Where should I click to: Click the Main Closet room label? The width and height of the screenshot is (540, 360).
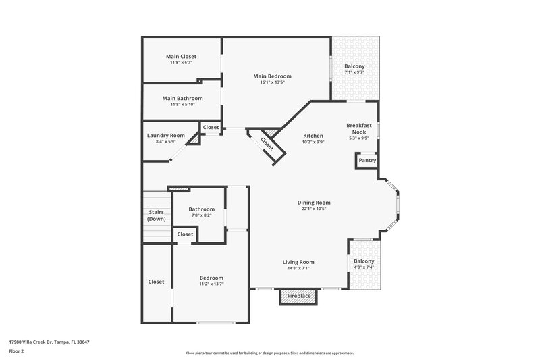181,56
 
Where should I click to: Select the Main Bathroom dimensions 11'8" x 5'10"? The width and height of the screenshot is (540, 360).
182,104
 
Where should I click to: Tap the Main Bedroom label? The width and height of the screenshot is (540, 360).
273,76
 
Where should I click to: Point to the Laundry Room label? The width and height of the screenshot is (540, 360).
166,135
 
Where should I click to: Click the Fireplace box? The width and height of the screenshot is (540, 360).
299,297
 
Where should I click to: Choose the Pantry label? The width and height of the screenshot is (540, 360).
367,161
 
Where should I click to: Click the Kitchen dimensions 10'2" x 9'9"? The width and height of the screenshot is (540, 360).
313,142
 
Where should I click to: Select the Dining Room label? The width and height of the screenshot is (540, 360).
314,203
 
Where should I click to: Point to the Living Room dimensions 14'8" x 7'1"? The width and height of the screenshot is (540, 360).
298,268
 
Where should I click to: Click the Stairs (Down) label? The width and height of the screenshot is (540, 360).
157,216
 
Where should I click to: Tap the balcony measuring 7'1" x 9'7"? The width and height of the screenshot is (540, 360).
355,68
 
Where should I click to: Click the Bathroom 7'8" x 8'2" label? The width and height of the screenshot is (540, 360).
201,209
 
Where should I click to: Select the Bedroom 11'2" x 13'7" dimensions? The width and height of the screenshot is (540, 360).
211,284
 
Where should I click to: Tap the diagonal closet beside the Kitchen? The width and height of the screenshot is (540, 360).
267,142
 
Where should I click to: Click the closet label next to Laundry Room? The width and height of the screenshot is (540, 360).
211,127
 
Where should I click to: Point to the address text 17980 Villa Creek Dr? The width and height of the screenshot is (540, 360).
49,342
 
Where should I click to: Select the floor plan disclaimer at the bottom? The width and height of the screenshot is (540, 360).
270,353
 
